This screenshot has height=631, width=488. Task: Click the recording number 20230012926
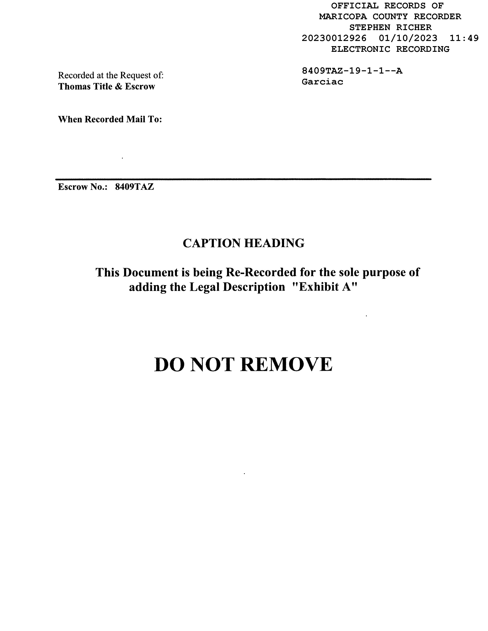click(334, 38)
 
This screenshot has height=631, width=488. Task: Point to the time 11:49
click(464, 38)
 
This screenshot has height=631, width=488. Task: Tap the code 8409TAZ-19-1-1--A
click(352, 71)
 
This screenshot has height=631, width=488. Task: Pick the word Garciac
click(322, 82)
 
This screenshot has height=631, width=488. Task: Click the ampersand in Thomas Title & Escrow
click(119, 86)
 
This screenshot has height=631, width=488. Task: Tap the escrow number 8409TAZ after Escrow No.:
click(134, 187)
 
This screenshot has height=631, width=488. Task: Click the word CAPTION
click(211, 243)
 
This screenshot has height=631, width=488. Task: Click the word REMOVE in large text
click(286, 365)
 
